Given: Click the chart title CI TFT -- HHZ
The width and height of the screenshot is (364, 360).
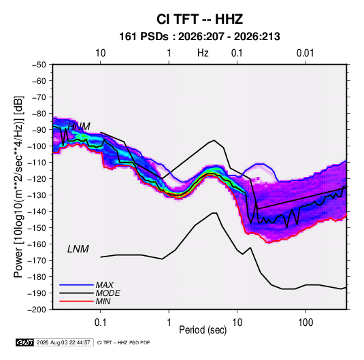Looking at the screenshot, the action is [199, 19].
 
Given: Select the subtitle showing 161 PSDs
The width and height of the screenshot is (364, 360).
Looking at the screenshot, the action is [199, 37].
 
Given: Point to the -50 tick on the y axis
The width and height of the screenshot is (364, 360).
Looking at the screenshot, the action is [39, 65].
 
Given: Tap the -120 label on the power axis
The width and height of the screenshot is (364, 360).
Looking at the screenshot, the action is [37, 179].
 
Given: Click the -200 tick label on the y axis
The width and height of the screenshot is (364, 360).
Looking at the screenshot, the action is [37, 310].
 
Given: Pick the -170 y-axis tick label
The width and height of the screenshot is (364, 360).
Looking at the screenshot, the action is [37, 261].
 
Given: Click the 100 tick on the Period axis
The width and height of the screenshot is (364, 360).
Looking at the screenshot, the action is [305, 323].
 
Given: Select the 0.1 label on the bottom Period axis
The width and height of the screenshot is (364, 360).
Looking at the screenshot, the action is [100, 323].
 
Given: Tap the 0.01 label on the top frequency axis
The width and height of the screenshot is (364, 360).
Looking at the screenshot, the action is [305, 53].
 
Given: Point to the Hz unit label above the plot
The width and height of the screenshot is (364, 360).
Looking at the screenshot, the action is [203, 53].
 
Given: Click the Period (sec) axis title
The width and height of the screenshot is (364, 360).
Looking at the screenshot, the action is [203, 330].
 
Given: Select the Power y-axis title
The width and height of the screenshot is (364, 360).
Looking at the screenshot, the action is [18, 186].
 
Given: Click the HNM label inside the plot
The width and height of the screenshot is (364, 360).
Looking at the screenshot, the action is [79, 127].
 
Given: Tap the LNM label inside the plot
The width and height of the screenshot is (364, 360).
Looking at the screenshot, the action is [78, 249].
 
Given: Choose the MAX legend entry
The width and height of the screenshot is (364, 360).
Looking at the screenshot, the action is [86, 285].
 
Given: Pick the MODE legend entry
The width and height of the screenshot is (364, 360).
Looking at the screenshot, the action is [90, 293].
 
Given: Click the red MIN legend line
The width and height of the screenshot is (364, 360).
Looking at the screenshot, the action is [76, 301].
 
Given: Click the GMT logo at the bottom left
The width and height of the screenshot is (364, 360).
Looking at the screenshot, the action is [25, 342].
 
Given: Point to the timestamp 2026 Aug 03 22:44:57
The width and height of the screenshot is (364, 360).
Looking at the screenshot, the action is [63, 342].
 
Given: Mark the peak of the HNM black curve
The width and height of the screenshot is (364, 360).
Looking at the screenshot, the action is [214, 140].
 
